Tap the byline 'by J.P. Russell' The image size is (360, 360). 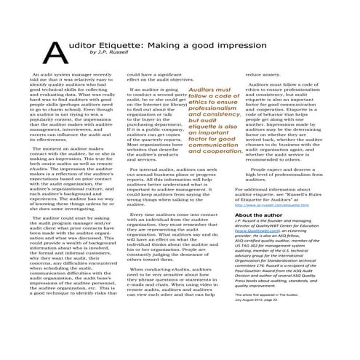click(108, 53)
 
